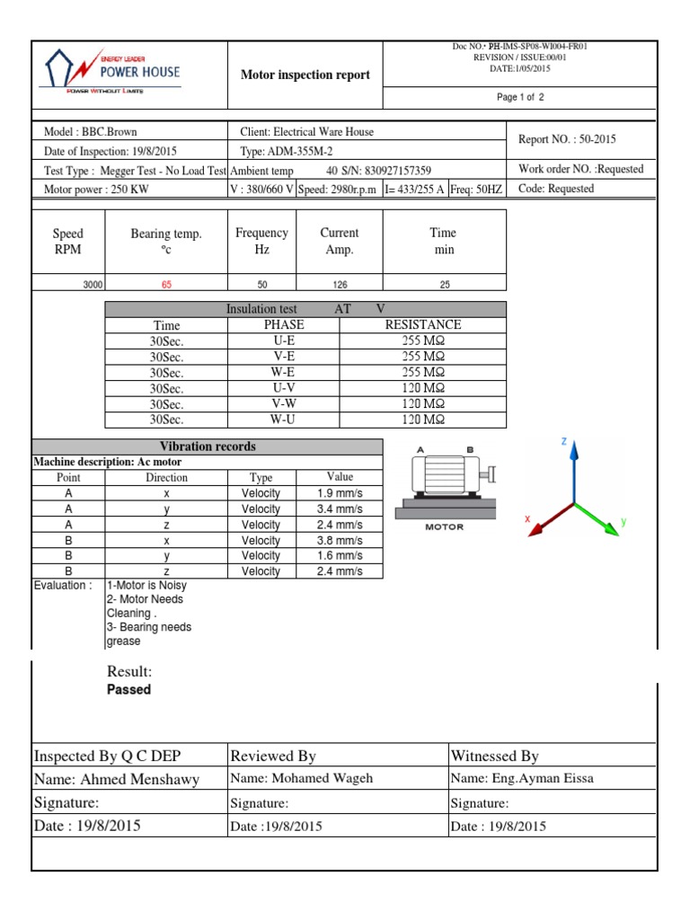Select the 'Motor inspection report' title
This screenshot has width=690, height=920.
coord(305,75)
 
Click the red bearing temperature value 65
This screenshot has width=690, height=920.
coord(166,284)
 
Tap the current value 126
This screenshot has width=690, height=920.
coord(339,284)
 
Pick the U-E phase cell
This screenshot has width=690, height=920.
coord(284,341)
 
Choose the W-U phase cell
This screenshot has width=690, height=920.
coord(284,420)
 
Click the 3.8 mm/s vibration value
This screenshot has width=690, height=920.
coord(340,541)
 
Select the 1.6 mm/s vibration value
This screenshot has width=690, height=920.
coord(340,556)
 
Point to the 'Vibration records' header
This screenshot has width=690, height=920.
coord(208,447)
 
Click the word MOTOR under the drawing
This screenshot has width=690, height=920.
coord(444,527)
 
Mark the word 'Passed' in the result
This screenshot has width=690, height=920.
coord(128,690)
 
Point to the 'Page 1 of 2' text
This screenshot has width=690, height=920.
coord(520,98)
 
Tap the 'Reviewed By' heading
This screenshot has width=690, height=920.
coord(273,756)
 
